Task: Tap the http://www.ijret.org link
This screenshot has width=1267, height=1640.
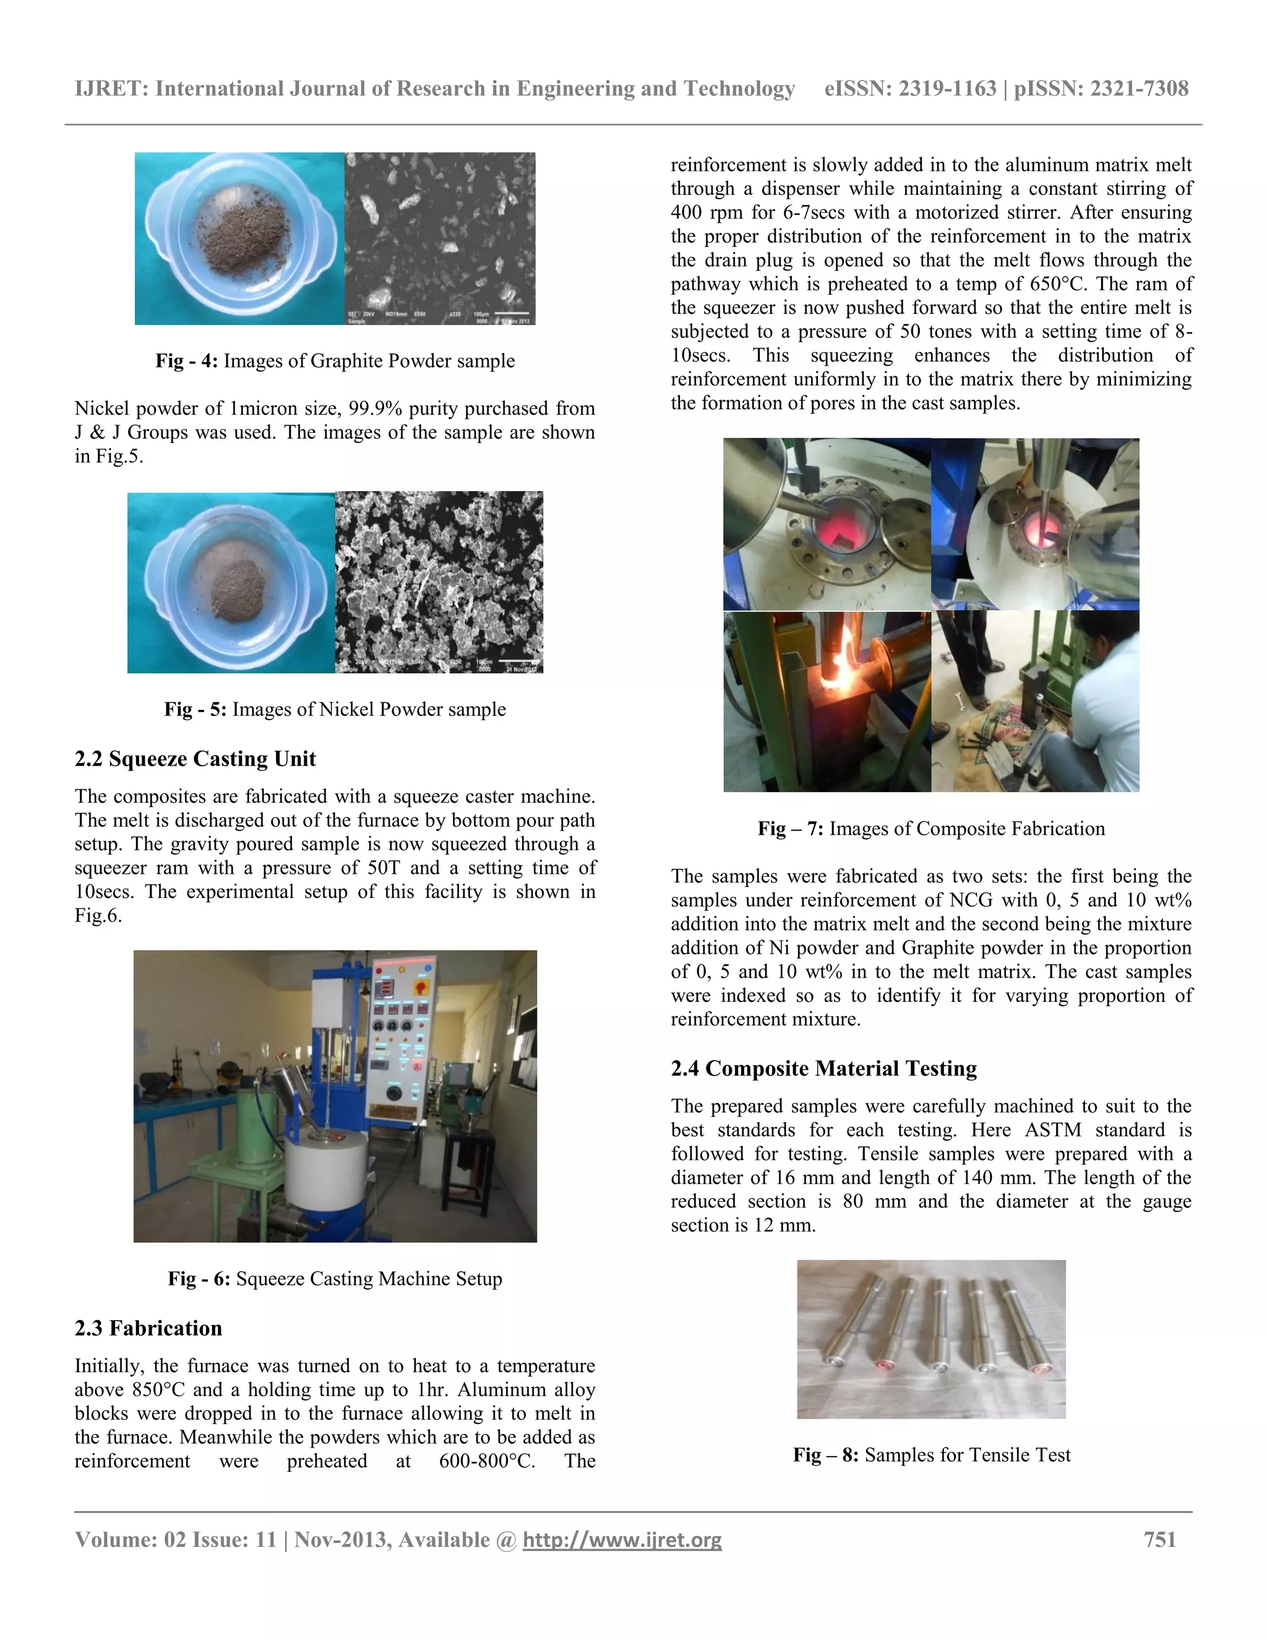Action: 622,1540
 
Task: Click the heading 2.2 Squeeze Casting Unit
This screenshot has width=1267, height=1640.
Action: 195,759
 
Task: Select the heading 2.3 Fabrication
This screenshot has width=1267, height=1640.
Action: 148,1327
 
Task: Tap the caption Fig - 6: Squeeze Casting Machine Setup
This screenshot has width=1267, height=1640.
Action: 335,1278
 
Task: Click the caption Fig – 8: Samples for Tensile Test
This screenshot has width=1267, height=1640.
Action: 932,1454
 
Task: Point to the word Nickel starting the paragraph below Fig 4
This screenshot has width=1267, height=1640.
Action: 99,408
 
